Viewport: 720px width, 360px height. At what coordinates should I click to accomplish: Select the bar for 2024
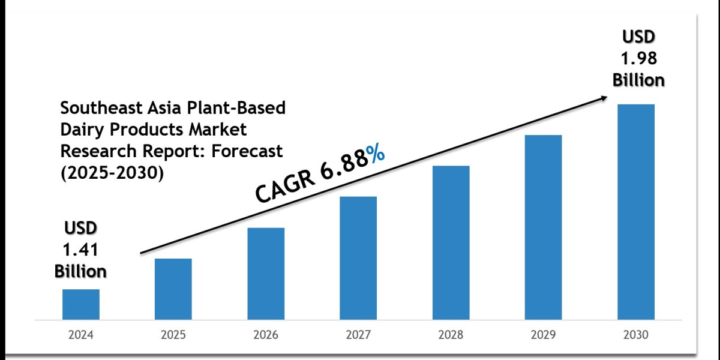click(81, 304)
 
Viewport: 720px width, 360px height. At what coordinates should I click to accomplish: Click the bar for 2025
click(173, 289)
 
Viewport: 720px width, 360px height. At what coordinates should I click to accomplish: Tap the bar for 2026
click(266, 273)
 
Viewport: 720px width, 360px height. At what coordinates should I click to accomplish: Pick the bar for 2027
click(358, 257)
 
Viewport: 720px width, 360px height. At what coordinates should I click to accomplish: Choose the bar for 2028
click(451, 242)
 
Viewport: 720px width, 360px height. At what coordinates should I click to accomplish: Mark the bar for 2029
click(544, 227)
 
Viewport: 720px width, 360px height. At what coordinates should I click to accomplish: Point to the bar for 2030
click(636, 211)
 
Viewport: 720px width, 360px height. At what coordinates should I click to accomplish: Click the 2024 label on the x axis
click(81, 335)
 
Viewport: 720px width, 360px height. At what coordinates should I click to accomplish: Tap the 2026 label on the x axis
click(266, 335)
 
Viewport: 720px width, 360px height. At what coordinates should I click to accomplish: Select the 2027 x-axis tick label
click(358, 335)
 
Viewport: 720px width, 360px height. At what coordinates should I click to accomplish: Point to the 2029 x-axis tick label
click(544, 335)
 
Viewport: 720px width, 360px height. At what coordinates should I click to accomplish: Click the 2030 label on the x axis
click(636, 335)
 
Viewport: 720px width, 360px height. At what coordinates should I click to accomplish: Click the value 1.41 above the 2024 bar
click(81, 250)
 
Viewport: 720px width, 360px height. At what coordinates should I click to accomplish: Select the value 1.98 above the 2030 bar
click(638, 59)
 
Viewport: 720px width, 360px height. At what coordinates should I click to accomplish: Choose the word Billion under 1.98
click(638, 80)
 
